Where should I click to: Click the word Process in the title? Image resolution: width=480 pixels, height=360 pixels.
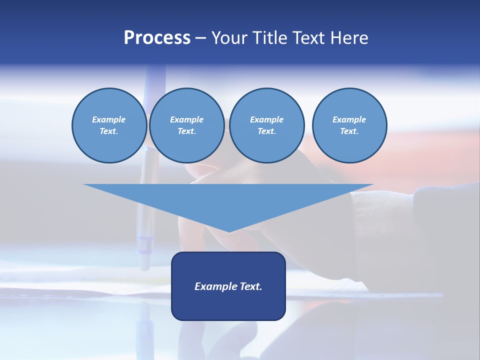pos(157,38)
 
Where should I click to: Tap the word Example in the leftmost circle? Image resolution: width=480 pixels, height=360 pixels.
pos(109,119)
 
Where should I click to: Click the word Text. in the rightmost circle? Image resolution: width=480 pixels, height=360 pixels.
pos(349,131)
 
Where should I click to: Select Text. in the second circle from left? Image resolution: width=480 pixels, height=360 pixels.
pos(186,131)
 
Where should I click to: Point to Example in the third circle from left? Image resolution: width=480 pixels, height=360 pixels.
pos(266,119)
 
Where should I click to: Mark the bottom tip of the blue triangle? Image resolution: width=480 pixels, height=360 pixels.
pos(228,230)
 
